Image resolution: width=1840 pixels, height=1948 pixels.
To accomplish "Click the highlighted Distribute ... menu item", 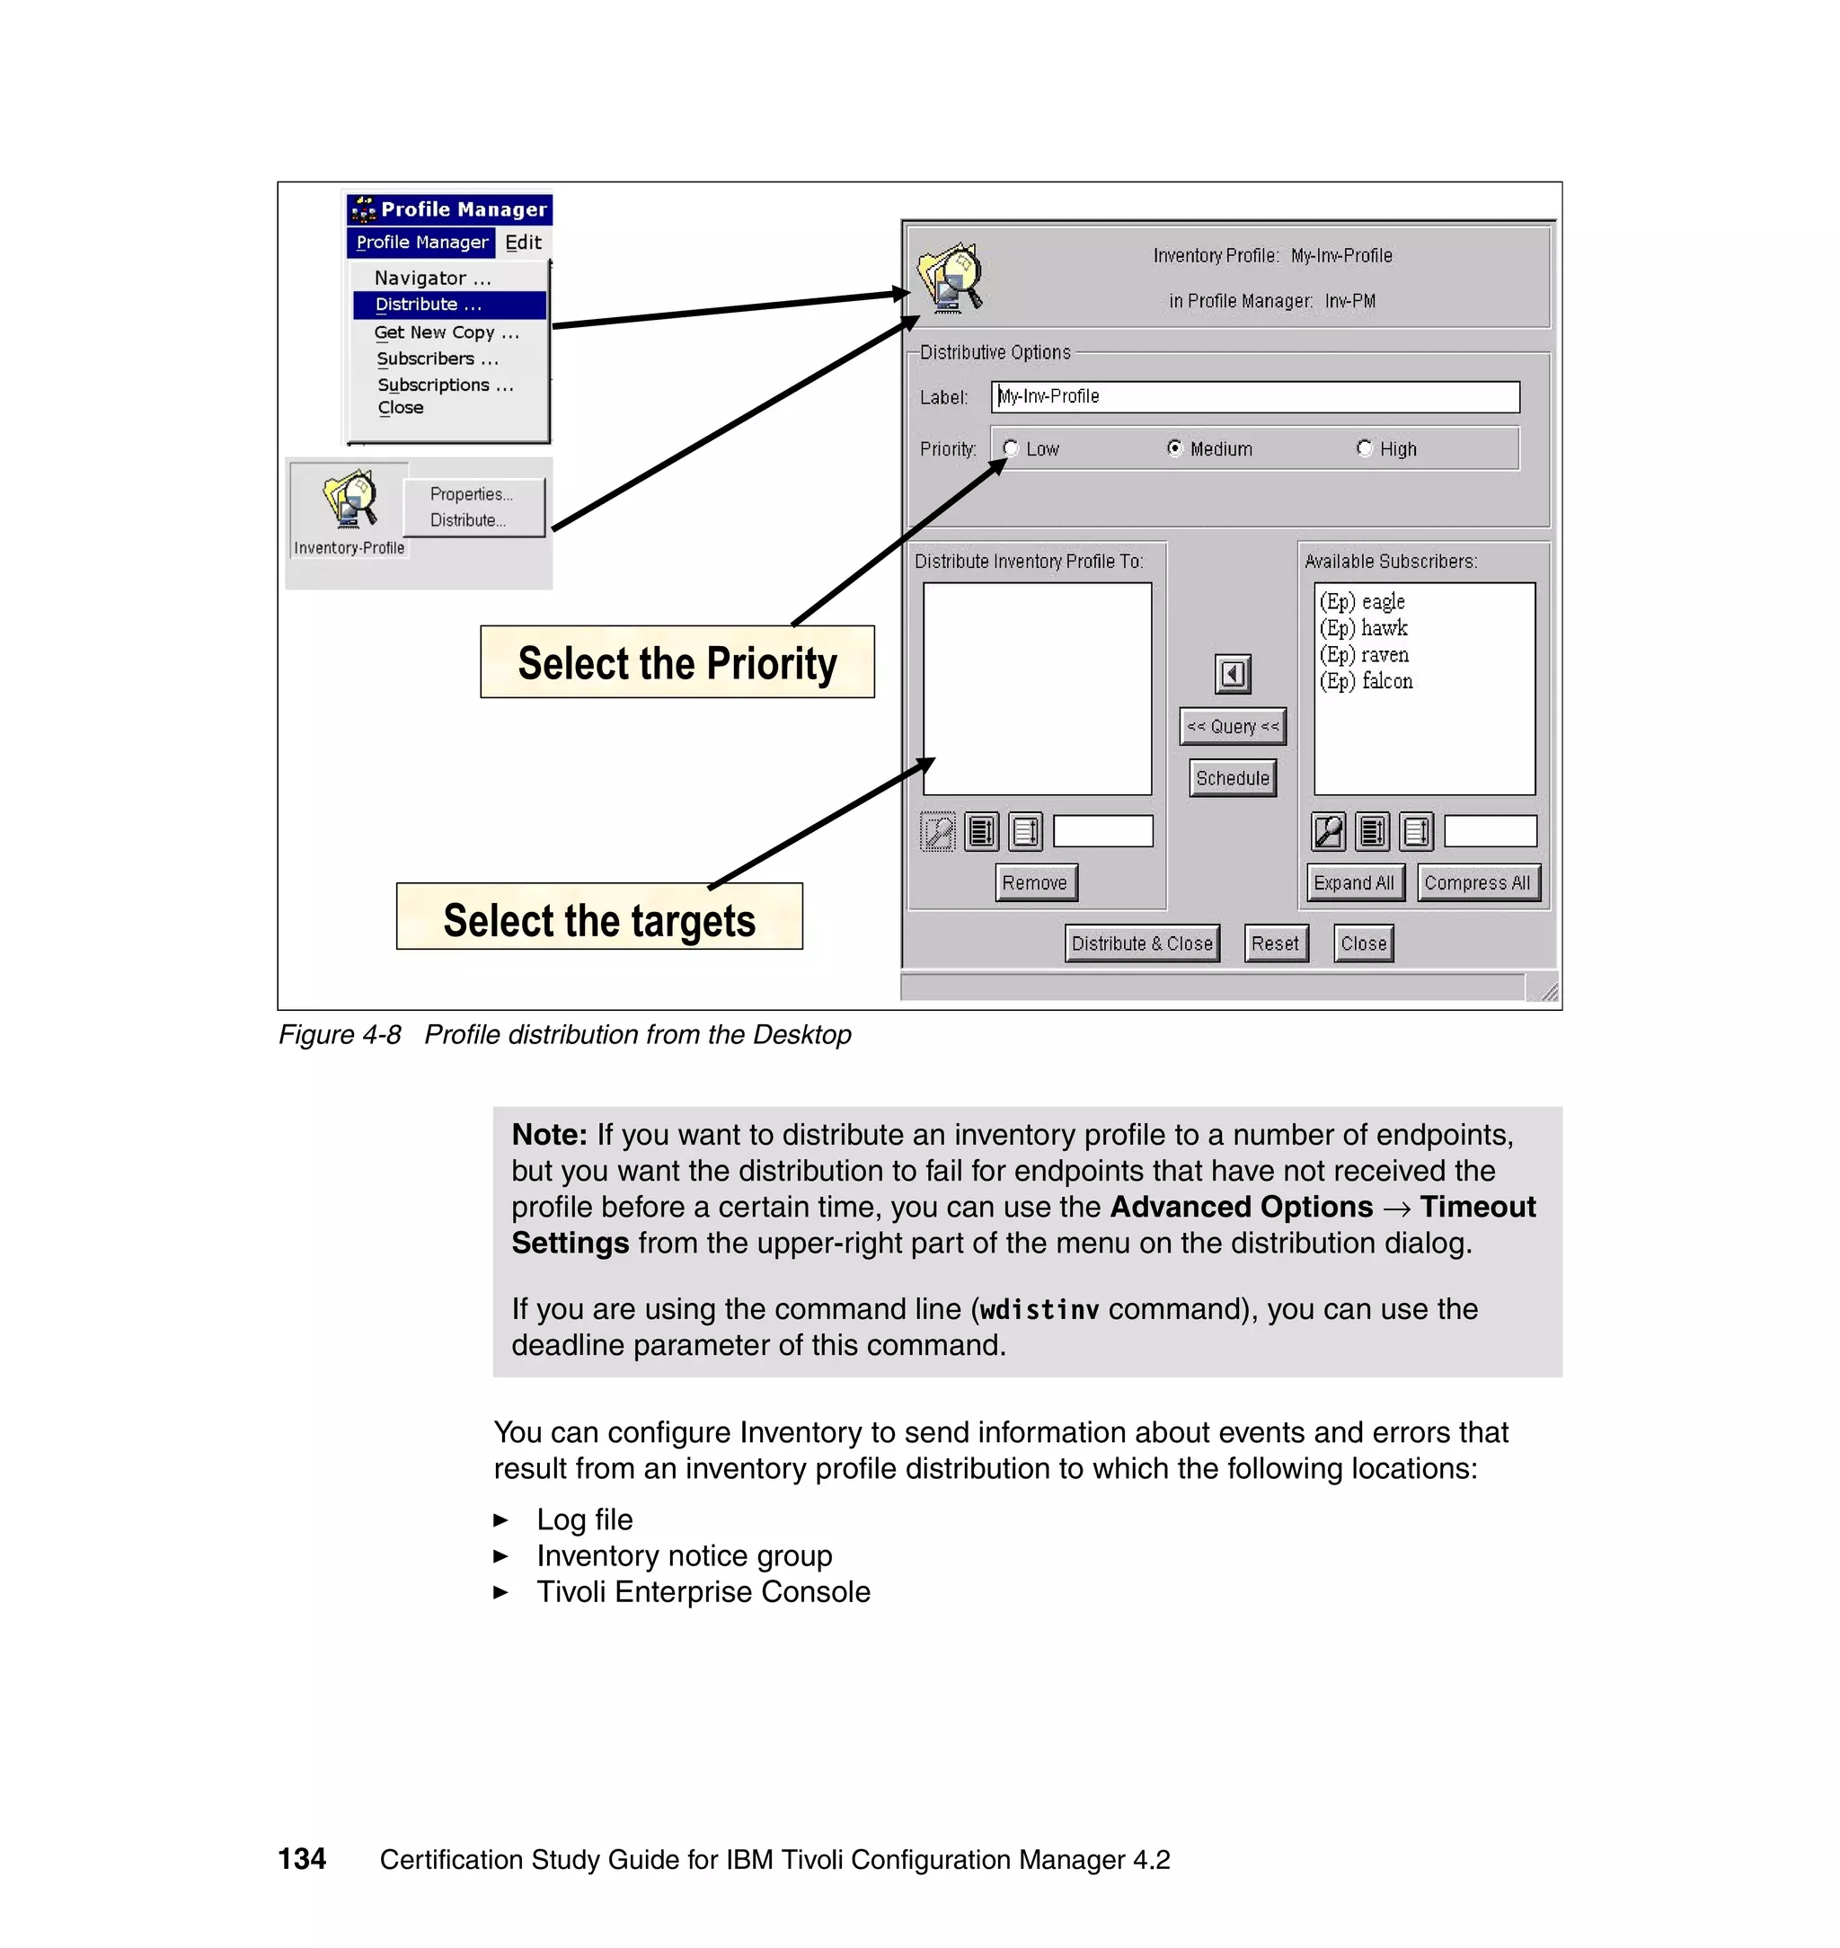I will point(429,305).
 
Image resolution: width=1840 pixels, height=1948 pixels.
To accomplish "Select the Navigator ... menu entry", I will point(431,279).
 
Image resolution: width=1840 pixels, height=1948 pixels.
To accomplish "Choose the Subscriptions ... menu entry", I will point(446,385).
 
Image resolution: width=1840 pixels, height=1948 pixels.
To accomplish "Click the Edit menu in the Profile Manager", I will point(523,243).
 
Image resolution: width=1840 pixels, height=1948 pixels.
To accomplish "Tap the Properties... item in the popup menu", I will point(471,494).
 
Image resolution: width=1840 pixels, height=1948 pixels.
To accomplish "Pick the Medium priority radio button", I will point(1174,448).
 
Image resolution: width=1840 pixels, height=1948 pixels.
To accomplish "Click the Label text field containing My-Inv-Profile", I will point(1254,397).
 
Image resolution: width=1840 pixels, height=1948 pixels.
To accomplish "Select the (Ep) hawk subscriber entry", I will point(1365,628).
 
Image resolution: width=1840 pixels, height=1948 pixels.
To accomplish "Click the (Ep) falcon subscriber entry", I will point(1367,681).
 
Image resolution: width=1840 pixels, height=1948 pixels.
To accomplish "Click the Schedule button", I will point(1232,778).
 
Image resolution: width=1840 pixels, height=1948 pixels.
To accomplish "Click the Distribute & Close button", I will point(1142,943).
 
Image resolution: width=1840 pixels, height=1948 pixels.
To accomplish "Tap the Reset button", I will point(1275,943).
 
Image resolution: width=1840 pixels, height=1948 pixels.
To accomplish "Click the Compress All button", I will point(1477,882).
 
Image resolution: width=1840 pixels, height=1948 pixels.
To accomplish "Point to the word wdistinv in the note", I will point(1039,1309).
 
